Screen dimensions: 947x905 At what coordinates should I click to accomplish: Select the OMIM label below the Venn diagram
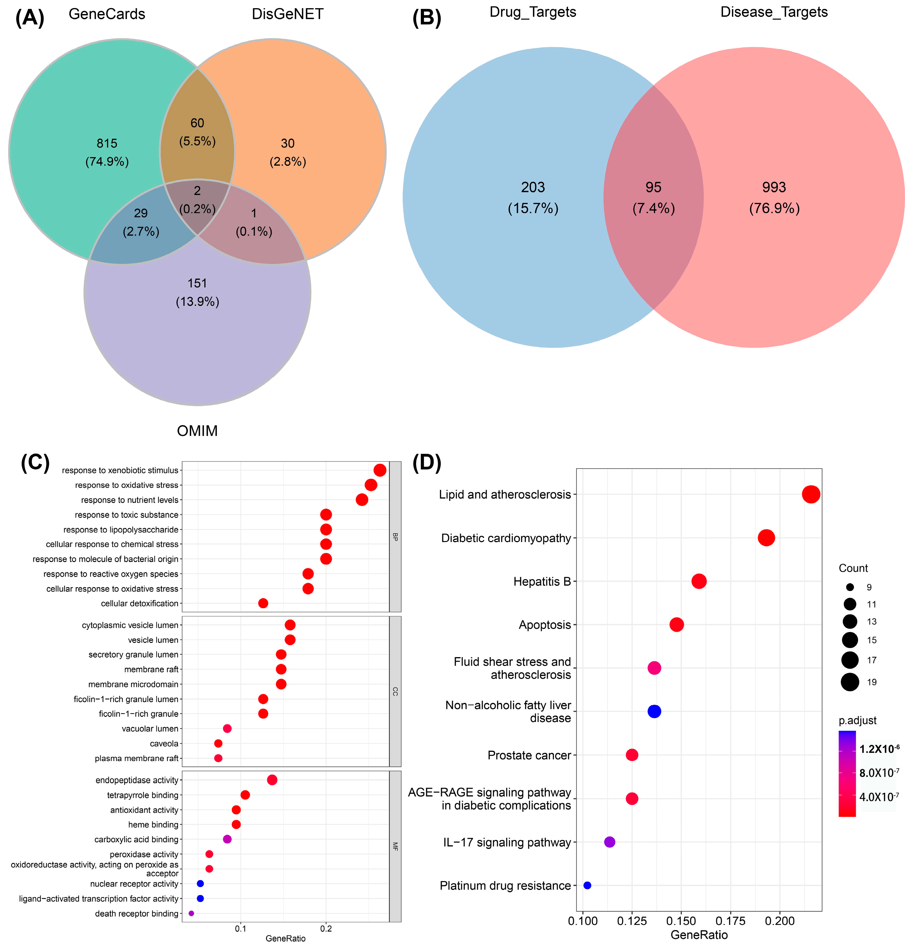(x=197, y=430)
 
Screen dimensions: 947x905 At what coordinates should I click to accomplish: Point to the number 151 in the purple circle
(x=197, y=283)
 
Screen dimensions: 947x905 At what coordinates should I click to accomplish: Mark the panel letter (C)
(x=35, y=463)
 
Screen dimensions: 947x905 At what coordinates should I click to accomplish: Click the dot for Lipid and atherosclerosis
(x=811, y=494)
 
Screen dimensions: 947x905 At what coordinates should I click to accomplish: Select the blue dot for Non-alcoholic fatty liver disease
(x=654, y=711)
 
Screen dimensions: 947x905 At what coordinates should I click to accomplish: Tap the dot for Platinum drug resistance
(x=587, y=885)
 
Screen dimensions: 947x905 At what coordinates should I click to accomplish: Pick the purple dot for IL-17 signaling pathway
(x=610, y=842)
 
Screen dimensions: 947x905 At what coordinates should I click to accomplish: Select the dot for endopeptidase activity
(x=272, y=780)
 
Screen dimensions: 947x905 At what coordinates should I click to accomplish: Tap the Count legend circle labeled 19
(x=850, y=682)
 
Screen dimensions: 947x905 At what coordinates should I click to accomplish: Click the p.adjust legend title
(x=857, y=721)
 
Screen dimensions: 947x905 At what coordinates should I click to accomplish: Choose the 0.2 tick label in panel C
(x=326, y=929)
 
